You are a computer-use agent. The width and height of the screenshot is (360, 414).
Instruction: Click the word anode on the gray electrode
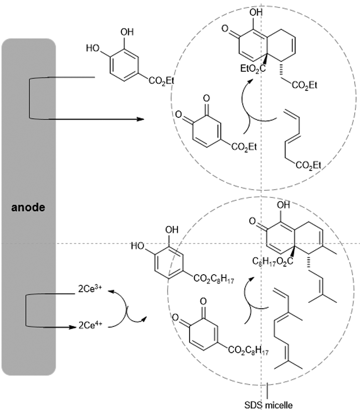pyautogui.click(x=28, y=208)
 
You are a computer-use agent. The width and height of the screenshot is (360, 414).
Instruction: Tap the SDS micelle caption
pyautogui.click(x=268, y=405)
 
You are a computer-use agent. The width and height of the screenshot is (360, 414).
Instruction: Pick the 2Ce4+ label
pyautogui.click(x=90, y=325)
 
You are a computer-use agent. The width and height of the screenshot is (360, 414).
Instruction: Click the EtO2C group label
pyautogui.click(x=253, y=69)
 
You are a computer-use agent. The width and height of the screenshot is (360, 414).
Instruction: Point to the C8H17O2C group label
pyautogui.click(x=272, y=262)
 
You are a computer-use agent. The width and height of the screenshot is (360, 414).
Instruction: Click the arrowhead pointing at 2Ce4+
pyautogui.click(x=72, y=327)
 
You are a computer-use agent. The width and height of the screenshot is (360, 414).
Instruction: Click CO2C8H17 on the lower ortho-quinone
pyautogui.click(x=248, y=350)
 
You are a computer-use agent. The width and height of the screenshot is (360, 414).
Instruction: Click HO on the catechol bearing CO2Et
pyautogui.click(x=92, y=48)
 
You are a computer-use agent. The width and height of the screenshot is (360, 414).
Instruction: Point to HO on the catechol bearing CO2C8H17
pyautogui.click(x=137, y=246)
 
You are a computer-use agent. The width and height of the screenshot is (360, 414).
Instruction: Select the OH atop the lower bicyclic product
pyautogui.click(x=283, y=205)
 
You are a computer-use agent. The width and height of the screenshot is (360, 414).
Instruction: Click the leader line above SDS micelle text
pyautogui.click(x=267, y=391)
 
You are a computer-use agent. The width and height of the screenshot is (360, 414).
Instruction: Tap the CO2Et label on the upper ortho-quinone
pyautogui.click(x=244, y=147)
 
